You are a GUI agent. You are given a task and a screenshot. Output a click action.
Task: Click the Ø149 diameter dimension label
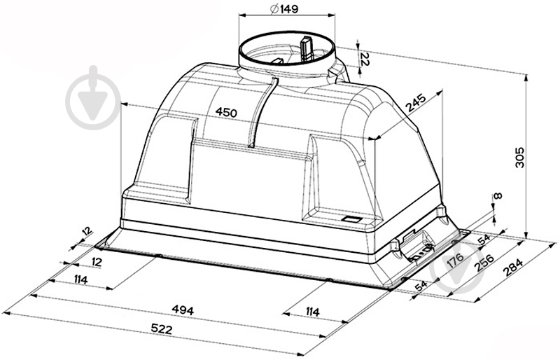coord(284,8)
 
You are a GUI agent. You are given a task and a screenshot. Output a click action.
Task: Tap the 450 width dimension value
coord(226,113)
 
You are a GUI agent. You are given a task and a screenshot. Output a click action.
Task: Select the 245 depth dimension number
coord(416,104)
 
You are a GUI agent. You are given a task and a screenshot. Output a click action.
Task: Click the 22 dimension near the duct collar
coord(365,59)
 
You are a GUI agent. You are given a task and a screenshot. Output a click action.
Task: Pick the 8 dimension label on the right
coord(498,195)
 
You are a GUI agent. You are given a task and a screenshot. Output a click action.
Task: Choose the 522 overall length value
coord(162,329)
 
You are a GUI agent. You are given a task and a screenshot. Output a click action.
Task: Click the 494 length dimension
coord(183,310)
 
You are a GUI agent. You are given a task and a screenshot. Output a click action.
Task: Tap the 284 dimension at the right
coord(513,268)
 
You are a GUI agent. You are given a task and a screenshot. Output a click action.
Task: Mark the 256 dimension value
coord(484,263)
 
